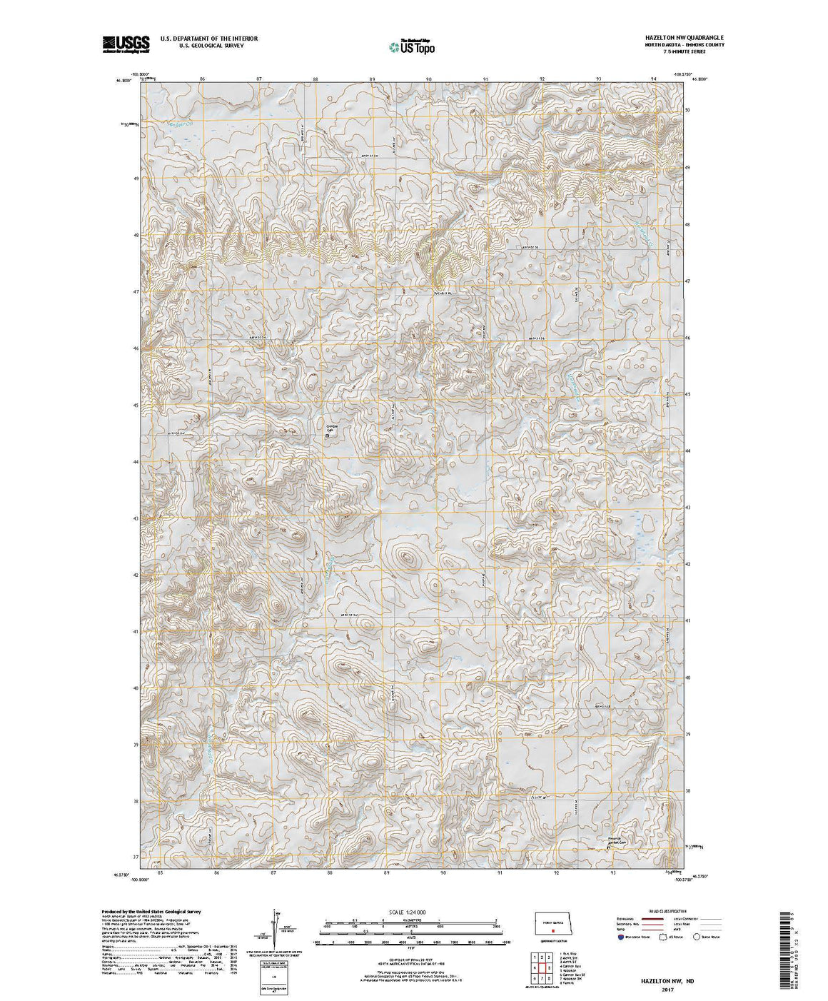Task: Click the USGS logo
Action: coord(126,44)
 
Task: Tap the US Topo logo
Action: coord(411,46)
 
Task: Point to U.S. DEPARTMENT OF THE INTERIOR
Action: coord(208,38)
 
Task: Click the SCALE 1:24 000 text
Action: coord(406,912)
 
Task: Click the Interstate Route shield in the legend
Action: coord(622,936)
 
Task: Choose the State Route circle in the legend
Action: coord(697,936)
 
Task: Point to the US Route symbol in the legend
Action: coord(661,936)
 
